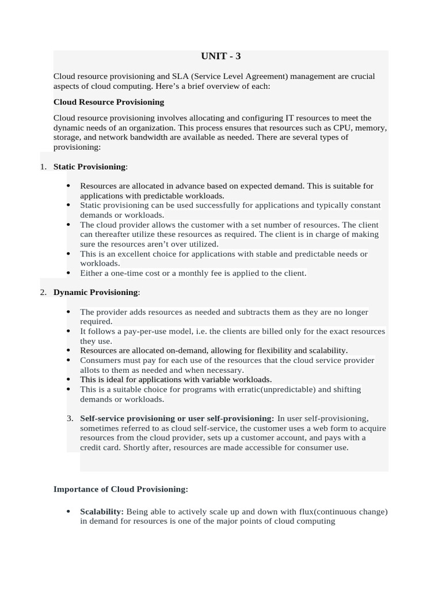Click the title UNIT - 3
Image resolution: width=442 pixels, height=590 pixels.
(x=220, y=56)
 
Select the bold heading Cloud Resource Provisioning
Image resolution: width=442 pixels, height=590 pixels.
(x=108, y=102)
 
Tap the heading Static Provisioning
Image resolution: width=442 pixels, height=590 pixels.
(x=89, y=167)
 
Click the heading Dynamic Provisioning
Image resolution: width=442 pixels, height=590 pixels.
(x=96, y=292)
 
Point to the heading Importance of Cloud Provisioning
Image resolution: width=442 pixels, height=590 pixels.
(x=120, y=489)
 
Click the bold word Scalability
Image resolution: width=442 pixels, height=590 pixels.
(x=101, y=512)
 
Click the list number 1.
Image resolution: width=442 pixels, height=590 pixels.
(x=43, y=167)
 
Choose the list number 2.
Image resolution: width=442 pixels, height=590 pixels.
(x=43, y=292)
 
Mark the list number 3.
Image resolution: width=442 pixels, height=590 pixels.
(x=70, y=418)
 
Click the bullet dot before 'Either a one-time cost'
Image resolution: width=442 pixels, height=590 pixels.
(x=68, y=273)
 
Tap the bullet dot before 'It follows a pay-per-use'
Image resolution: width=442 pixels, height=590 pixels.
(x=68, y=331)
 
